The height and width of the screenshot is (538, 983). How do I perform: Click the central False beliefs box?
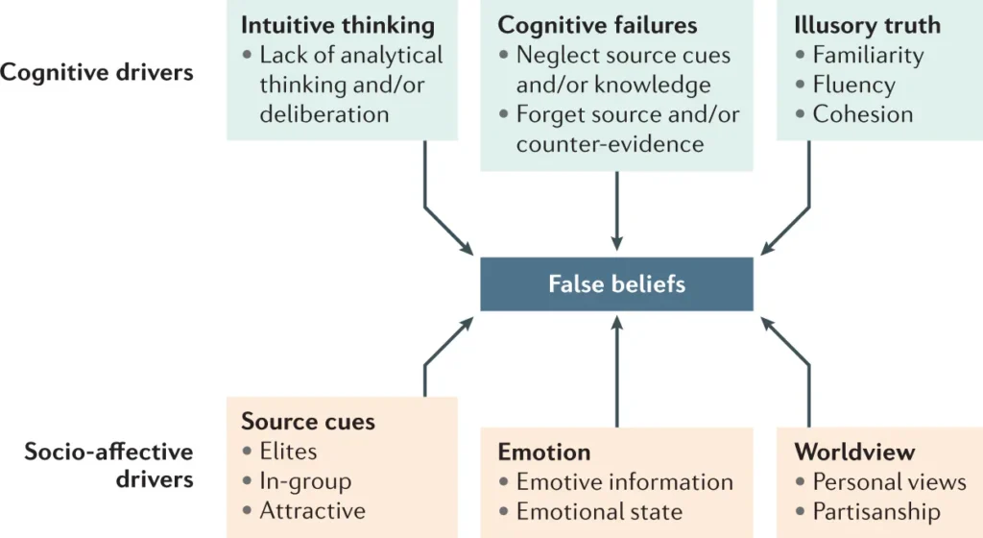tap(616, 283)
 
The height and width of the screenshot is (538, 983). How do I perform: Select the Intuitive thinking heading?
tap(337, 25)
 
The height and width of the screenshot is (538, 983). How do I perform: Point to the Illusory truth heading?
tap(868, 25)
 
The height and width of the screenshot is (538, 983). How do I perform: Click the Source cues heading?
tap(308, 421)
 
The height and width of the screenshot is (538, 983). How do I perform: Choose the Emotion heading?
tap(543, 452)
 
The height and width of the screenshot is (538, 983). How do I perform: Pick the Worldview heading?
tap(854, 452)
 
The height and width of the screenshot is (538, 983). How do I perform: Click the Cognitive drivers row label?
tap(97, 72)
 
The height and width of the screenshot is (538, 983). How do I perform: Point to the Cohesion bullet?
tap(862, 114)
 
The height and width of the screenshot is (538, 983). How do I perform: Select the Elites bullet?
tap(288, 451)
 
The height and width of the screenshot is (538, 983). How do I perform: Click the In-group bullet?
tap(305, 480)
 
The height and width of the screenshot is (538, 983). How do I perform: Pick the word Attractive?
tap(312, 510)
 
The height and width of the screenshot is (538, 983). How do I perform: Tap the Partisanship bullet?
tap(875, 511)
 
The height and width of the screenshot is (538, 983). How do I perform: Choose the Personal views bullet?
tap(889, 481)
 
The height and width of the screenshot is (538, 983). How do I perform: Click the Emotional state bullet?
tap(599, 511)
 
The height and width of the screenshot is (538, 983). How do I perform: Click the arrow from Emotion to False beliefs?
tap(616, 375)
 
